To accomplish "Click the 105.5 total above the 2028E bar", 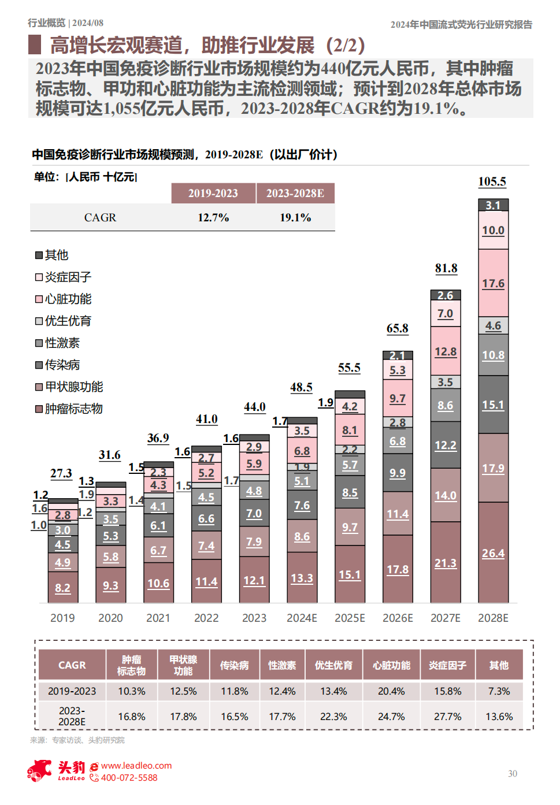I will [492, 181].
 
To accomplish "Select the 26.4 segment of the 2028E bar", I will [493, 553].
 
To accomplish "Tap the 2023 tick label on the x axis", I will [254, 618].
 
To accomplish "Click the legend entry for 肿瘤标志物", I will [69, 409].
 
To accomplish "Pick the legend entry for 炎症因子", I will [64, 277].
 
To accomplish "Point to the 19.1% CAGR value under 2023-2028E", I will [295, 218].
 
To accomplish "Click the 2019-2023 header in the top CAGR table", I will [213, 193].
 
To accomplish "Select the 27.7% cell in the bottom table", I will [447, 717].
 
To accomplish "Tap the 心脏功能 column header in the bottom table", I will [391, 665].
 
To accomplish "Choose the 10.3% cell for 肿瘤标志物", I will [132, 691].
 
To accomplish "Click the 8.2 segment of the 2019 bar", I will [62, 588].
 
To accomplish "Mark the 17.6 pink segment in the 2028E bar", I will [493, 283].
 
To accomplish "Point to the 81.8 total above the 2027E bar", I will [446, 268].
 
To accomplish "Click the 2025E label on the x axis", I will [350, 618].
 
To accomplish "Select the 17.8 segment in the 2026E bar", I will [398, 569].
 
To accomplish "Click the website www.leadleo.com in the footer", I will [136, 766].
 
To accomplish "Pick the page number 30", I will [513, 774].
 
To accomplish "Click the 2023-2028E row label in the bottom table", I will [72, 717].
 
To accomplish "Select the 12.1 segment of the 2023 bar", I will [254, 580].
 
